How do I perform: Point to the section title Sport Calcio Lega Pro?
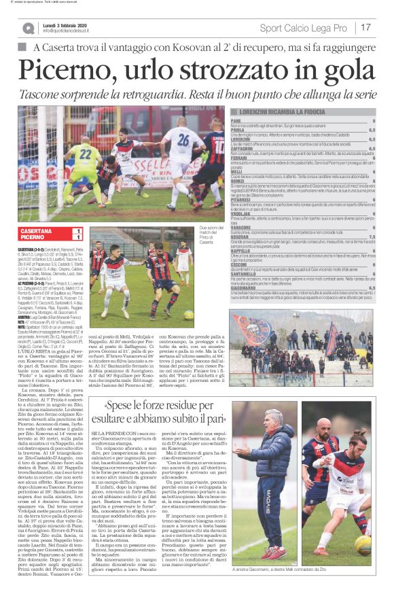pos(303,28)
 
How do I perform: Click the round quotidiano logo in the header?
pos(29,28)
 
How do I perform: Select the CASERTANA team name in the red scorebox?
pos(37,232)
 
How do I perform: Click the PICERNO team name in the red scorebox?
pos(34,238)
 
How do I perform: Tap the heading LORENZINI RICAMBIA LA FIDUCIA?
pos(312,110)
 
